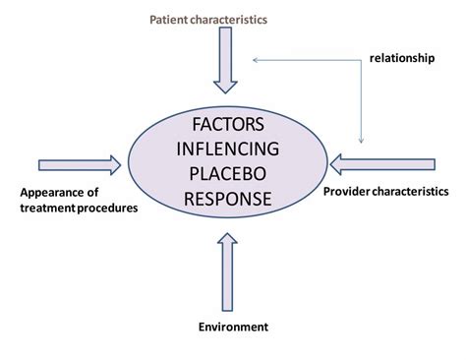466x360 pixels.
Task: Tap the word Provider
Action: click(x=347, y=190)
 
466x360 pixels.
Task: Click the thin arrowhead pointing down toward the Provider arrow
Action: click(x=362, y=139)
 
